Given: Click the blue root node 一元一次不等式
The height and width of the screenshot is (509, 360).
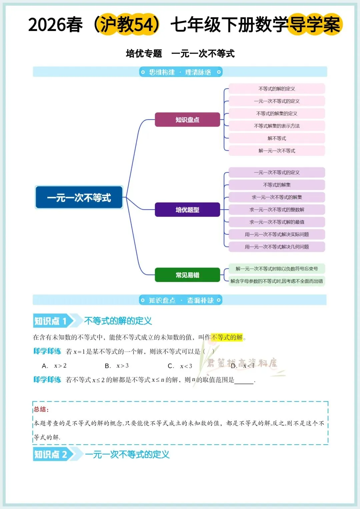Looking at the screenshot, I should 79,197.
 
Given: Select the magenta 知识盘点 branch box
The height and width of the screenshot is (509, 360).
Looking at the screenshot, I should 187,120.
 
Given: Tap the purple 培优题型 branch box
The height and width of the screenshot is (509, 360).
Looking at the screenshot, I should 187,210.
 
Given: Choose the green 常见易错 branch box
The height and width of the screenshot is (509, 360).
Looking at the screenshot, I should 187,275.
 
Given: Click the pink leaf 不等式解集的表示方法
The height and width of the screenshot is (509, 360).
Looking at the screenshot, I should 277,126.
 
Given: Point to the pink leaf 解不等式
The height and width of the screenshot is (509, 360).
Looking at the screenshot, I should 277,138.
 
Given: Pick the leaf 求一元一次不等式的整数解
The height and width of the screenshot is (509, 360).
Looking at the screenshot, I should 277,210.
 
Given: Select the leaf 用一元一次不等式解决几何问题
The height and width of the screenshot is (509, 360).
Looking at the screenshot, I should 277,247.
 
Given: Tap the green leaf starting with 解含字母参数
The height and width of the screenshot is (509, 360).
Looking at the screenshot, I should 277,281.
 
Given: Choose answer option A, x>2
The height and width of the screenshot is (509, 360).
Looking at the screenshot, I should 55,366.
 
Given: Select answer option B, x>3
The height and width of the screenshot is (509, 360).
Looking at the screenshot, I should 117,366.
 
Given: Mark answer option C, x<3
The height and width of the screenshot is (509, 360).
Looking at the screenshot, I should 180,366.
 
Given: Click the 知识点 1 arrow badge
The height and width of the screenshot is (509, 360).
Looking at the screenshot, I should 53,321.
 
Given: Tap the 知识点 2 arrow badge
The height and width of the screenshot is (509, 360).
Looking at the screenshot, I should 53,454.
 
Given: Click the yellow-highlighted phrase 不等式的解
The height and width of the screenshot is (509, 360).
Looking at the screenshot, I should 227,337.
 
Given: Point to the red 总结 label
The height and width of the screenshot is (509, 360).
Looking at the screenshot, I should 41,409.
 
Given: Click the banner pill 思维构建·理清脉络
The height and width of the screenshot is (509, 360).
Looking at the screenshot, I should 180,72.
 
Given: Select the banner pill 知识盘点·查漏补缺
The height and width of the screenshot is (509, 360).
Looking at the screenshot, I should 180,300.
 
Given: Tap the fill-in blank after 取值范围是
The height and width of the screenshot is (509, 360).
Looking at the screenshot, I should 244,381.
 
